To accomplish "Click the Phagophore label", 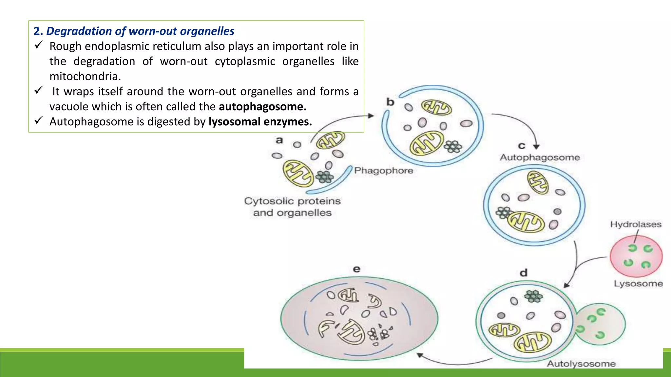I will (384, 171).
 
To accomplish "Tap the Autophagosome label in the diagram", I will (540, 157).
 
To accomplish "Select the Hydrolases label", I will (636, 224).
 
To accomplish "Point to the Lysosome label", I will (638, 283).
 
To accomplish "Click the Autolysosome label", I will (581, 364).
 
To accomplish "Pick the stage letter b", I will (390, 102).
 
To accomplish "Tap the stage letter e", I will (356, 269).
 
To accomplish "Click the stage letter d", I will (524, 273).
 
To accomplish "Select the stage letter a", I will (279, 140).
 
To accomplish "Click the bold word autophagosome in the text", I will (262, 107).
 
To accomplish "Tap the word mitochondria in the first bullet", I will (85, 77).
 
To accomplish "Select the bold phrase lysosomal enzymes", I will (260, 122).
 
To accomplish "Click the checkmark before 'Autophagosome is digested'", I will (39, 120).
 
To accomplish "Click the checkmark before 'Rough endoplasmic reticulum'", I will (39, 45).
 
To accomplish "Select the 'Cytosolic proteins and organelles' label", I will (292, 207).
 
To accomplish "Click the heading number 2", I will (37, 31).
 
